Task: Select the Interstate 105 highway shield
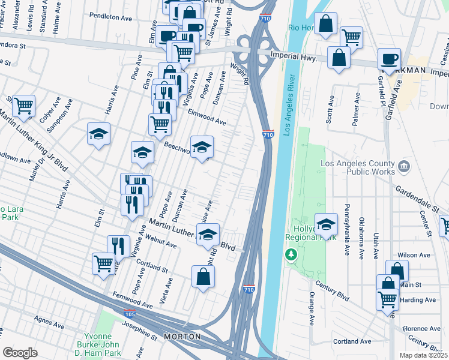pyautogui.click(x=129, y=313)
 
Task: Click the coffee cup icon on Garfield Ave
pyautogui.click(x=389, y=58)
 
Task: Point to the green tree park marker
pyautogui.click(x=291, y=255)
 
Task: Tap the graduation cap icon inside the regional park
pyautogui.click(x=326, y=224)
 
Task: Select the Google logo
pyautogui.click(x=20, y=353)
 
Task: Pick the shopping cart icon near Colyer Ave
pyautogui.click(x=23, y=106)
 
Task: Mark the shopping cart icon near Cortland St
pyautogui.click(x=103, y=263)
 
